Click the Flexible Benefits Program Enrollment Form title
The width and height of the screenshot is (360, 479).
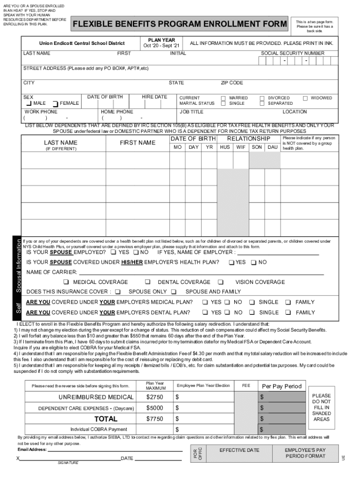point(180,24)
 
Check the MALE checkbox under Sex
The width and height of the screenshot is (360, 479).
point(29,103)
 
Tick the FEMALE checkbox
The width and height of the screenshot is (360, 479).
point(56,103)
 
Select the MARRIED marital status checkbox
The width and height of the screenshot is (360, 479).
point(223,98)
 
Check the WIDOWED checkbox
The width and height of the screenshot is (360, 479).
point(305,98)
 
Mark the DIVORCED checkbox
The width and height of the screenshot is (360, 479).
point(262,98)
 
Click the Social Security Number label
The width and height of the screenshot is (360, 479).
point(292,53)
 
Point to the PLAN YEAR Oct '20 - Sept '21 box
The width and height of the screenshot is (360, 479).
point(161,43)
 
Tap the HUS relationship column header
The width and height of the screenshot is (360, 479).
point(225,147)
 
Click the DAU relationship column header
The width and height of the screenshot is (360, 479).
point(272,147)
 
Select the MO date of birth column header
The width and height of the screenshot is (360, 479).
point(178,147)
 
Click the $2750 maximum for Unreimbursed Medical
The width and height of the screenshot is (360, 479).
point(154,397)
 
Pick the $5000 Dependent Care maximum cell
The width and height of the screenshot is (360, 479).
point(154,408)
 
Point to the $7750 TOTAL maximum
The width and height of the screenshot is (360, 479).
point(154,419)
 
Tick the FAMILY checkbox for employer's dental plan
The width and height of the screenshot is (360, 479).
point(288,312)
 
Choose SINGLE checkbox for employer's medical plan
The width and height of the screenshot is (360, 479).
point(252,302)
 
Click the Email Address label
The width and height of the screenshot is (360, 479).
point(32,450)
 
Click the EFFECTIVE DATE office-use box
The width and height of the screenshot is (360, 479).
point(239,450)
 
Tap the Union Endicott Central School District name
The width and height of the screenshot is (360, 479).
point(82,43)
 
